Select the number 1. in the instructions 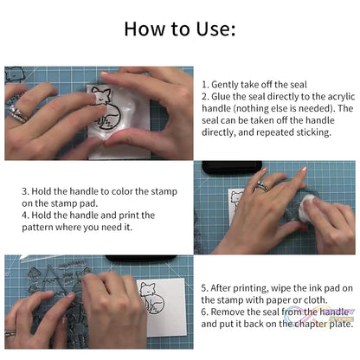(x=205, y=84)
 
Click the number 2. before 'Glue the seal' (x=205, y=96)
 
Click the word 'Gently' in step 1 (x=228, y=84)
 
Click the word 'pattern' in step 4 (x=43, y=227)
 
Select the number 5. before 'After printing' (x=204, y=286)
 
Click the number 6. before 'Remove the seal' (x=204, y=311)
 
